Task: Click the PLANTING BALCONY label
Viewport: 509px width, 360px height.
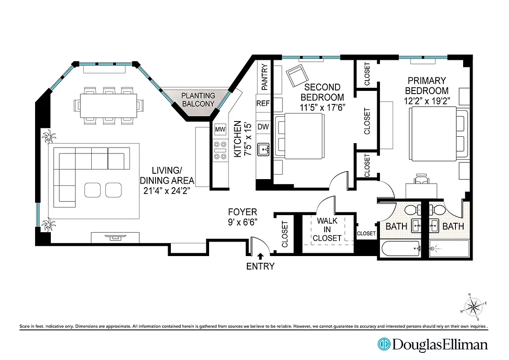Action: (x=198, y=99)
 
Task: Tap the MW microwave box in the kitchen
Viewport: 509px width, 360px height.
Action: (x=220, y=130)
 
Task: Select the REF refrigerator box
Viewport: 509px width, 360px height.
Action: (x=263, y=103)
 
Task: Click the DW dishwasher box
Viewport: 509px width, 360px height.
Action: (x=263, y=127)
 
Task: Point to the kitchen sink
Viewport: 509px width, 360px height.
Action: (x=263, y=149)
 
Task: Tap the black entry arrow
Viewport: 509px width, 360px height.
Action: (x=260, y=256)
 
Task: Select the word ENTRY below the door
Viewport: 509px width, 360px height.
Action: (x=260, y=266)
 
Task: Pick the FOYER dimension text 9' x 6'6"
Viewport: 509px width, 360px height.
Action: (x=242, y=221)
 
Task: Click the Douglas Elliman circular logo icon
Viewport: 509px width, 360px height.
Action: (x=384, y=345)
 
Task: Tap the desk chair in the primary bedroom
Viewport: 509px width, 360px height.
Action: (x=421, y=179)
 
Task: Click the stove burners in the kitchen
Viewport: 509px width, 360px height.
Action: (x=220, y=150)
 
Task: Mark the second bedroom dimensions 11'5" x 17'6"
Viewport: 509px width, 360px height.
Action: (x=322, y=108)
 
